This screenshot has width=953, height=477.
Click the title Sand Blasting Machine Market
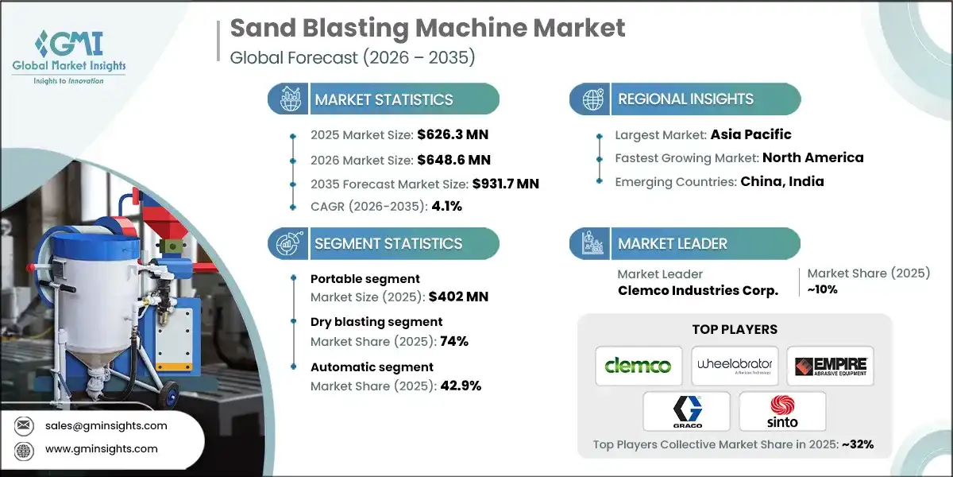[427, 29]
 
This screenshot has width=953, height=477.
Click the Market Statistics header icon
[287, 99]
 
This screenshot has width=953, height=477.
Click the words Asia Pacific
[750, 134]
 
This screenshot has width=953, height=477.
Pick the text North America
[814, 157]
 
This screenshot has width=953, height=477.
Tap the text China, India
[782, 181]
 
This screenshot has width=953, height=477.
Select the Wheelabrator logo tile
[734, 366]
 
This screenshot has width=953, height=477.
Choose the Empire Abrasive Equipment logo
[830, 366]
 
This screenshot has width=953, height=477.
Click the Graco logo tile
[686, 411]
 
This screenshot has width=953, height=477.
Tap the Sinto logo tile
[782, 411]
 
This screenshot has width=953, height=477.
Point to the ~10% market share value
[822, 289]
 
